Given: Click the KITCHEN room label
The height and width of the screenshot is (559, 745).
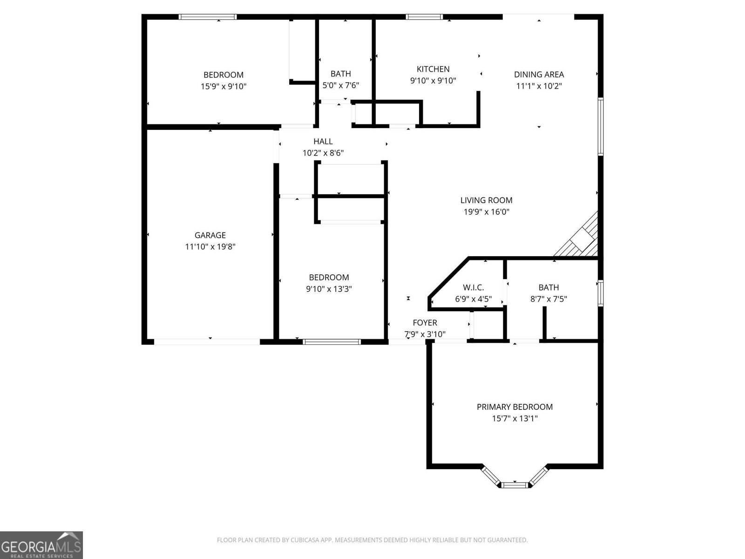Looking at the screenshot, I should tap(433, 69).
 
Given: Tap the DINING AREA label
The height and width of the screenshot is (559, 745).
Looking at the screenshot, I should tap(539, 74).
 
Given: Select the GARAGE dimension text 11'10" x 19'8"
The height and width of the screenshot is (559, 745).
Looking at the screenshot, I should tap(210, 247).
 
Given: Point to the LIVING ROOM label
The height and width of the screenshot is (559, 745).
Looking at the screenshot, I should tap(486, 200).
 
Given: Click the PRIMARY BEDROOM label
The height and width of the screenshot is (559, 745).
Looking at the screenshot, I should tap(515, 407).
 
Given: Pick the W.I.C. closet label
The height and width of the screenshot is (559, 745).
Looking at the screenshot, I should tap(473, 287).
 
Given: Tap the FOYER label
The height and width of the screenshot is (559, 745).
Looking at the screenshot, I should tap(425, 322).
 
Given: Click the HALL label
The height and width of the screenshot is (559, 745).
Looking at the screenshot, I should tap(323, 141).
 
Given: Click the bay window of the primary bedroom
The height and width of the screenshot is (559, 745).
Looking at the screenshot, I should tap(514, 484).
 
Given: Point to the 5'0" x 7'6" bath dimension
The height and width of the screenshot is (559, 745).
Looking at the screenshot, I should tap(340, 85).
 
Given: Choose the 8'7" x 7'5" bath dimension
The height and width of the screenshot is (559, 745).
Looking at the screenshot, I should tap(549, 299).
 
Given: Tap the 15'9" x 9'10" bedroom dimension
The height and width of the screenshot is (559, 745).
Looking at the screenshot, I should tap(223, 86).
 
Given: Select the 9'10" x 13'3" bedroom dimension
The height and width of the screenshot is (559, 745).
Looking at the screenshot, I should tap(329, 289).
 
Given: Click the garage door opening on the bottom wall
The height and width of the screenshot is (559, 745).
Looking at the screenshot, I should tap(207, 342).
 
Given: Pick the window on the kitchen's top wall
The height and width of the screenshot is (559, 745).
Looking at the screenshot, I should tap(424, 17).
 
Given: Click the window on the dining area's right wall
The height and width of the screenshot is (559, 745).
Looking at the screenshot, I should tap(601, 126).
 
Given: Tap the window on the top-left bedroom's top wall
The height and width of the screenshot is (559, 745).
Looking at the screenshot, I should tap(208, 17).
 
